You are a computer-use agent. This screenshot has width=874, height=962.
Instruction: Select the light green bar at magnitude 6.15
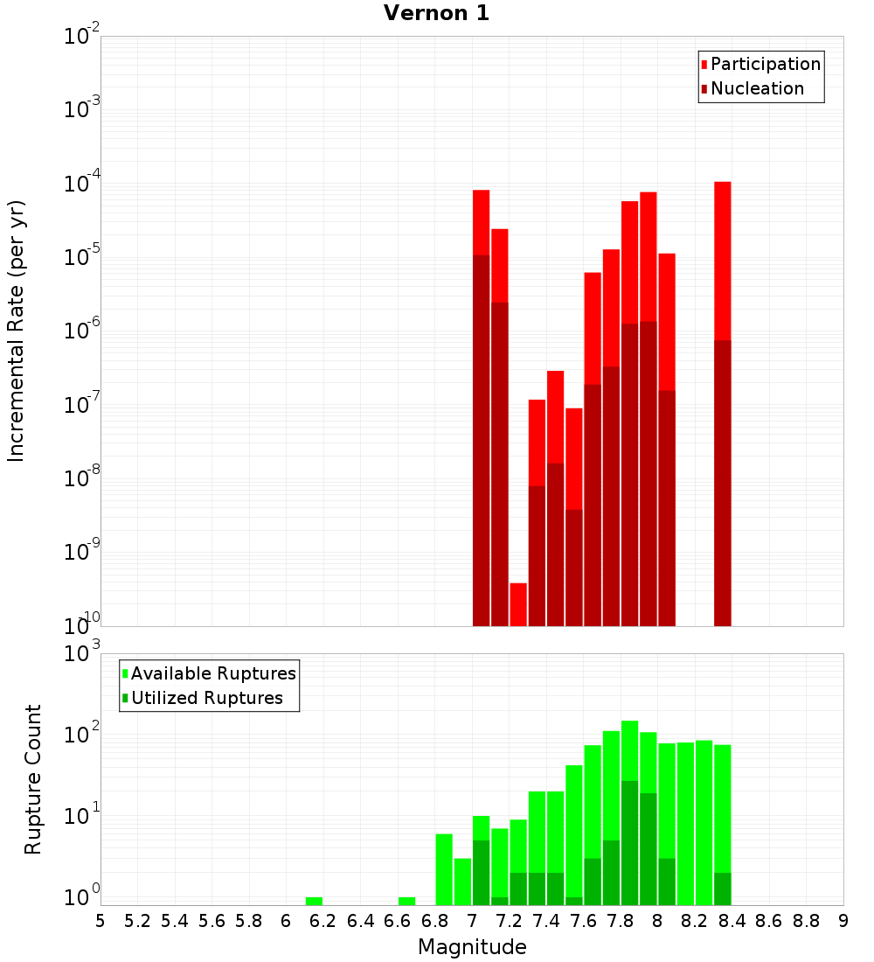click(314, 901)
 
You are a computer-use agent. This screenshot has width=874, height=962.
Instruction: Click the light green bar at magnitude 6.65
click(406, 901)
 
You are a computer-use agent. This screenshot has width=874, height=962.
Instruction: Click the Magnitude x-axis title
click(472, 947)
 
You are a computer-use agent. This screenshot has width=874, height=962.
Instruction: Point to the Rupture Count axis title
click(33, 778)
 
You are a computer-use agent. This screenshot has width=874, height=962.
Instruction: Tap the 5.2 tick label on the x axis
click(137, 921)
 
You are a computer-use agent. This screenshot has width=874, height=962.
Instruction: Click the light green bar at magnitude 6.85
click(444, 869)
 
